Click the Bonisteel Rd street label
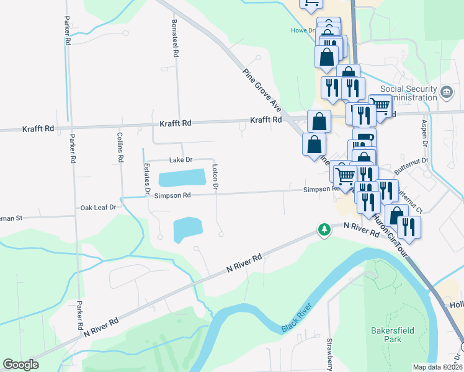[x=176, y=38]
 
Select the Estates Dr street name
[x=147, y=179]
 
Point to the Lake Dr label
[x=181, y=160]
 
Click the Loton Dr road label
[x=215, y=177]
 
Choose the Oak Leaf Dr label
[x=98, y=207]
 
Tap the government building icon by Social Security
[x=446, y=94]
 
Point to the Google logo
[x=20, y=365]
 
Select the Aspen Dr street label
[x=426, y=133]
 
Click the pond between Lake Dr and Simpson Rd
[x=181, y=179]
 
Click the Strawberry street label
[x=330, y=353]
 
